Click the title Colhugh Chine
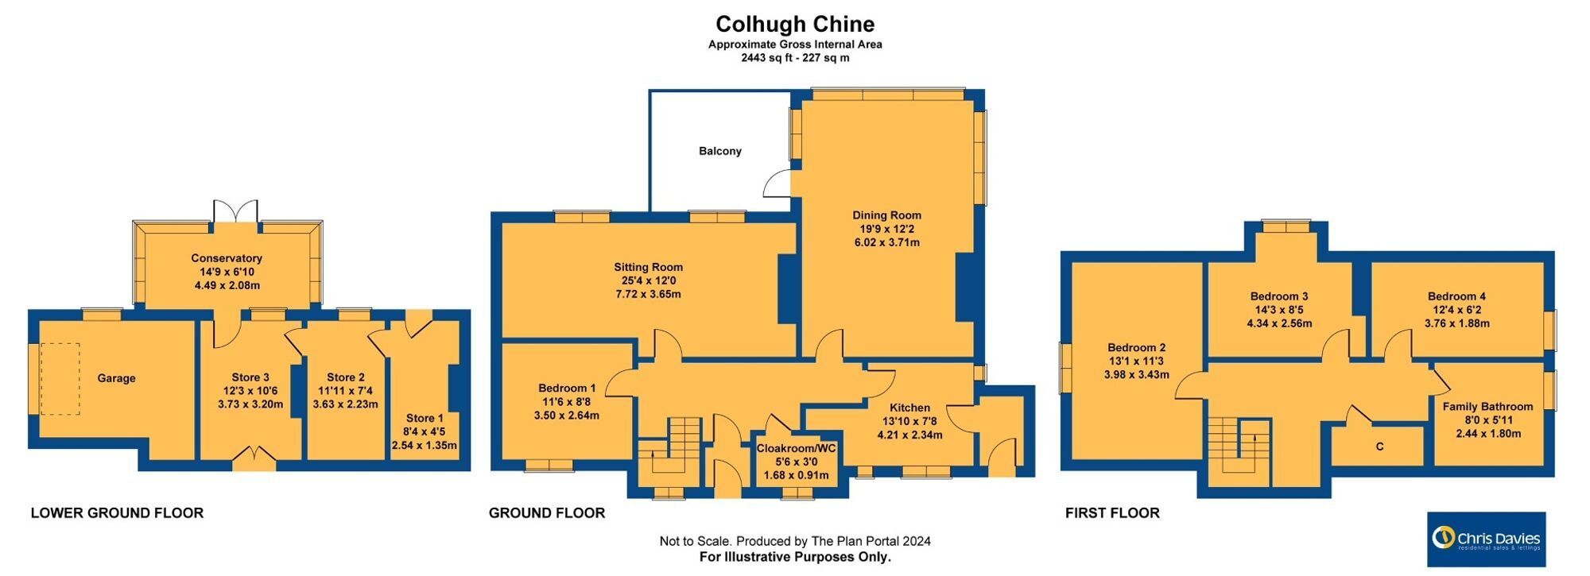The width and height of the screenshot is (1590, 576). click(795, 25)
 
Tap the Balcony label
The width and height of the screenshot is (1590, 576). click(720, 151)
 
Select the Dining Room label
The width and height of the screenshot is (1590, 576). click(886, 215)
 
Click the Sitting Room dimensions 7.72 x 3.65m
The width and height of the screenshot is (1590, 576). click(648, 294)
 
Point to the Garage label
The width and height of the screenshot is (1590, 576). click(116, 378)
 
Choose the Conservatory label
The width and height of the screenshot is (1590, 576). click(227, 258)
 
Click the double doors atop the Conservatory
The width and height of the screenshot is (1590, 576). click(236, 211)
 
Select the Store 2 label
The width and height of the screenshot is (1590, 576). click(346, 377)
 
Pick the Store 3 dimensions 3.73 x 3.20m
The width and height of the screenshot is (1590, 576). click(250, 404)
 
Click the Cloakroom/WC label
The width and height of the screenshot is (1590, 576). click(796, 448)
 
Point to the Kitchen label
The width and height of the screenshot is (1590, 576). click(909, 408)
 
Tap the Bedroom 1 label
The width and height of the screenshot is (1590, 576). click(567, 388)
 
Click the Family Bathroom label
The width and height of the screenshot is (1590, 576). click(1488, 406)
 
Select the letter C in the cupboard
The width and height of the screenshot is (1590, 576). click(1379, 446)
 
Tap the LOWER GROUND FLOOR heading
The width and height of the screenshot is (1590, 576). click(117, 513)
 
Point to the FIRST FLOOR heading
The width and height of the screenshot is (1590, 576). click(1112, 513)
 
